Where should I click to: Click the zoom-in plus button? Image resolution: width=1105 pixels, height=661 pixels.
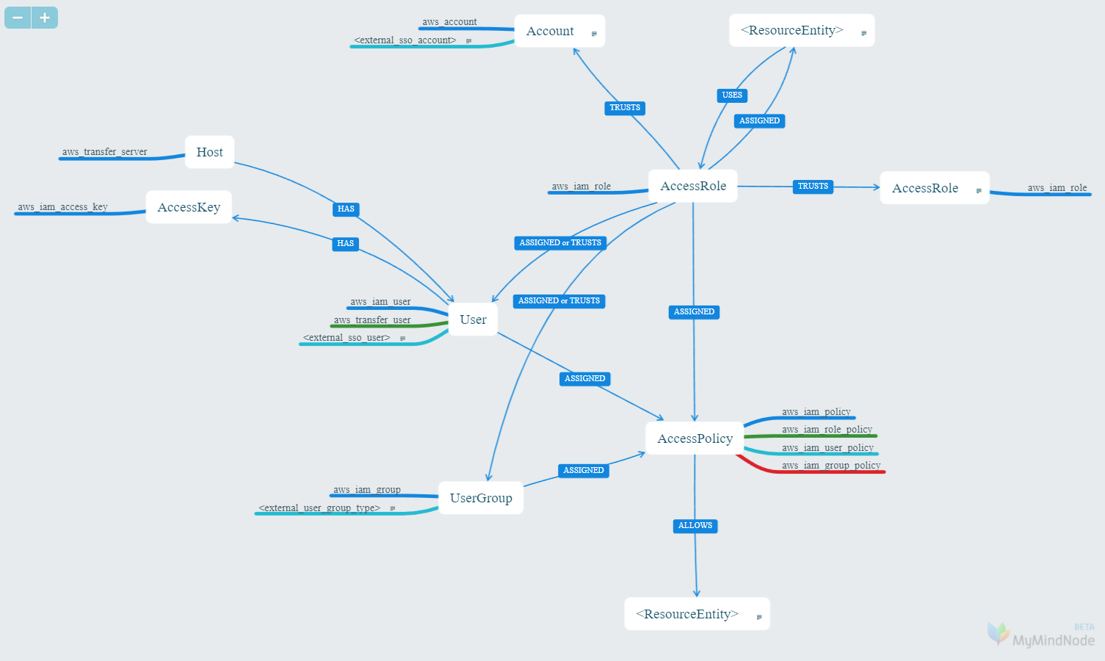tap(45, 18)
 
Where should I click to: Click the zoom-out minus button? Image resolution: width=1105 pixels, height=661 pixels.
tap(18, 18)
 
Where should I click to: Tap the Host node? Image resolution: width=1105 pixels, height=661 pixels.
tap(209, 152)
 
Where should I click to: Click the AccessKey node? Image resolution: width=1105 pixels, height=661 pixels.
tap(189, 207)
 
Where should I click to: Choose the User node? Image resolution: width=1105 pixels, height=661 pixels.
tap(473, 319)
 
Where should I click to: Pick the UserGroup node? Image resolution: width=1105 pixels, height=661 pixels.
tap(481, 498)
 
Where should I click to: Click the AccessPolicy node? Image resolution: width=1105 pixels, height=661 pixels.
tap(695, 438)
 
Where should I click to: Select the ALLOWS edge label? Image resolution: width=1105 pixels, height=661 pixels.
tap(695, 526)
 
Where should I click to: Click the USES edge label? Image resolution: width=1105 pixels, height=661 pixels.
tap(732, 95)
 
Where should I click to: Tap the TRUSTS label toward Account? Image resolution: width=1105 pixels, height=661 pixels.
tap(625, 108)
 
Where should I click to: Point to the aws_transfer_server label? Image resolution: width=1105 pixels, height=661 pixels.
tap(104, 152)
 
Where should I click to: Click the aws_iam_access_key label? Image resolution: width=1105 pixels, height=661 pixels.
tap(62, 207)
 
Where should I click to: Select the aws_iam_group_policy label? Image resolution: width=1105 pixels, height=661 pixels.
tap(831, 466)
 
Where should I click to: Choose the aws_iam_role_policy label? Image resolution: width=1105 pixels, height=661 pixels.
tap(827, 430)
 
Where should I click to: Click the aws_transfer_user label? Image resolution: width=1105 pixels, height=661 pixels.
tap(372, 320)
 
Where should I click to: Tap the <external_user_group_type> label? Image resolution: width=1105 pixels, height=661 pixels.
tap(319, 508)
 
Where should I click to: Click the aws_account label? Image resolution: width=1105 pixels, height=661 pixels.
tap(449, 22)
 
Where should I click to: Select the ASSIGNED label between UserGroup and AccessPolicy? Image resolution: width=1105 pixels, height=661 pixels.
tap(584, 471)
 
